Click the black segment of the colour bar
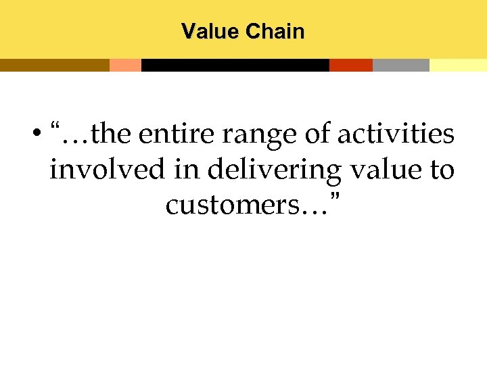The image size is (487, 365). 235,65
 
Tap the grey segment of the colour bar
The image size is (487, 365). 400,65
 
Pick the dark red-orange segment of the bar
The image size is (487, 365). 350,65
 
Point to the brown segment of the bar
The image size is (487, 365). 54,65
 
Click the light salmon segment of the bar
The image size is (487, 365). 125,65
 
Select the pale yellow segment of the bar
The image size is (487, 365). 458,65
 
